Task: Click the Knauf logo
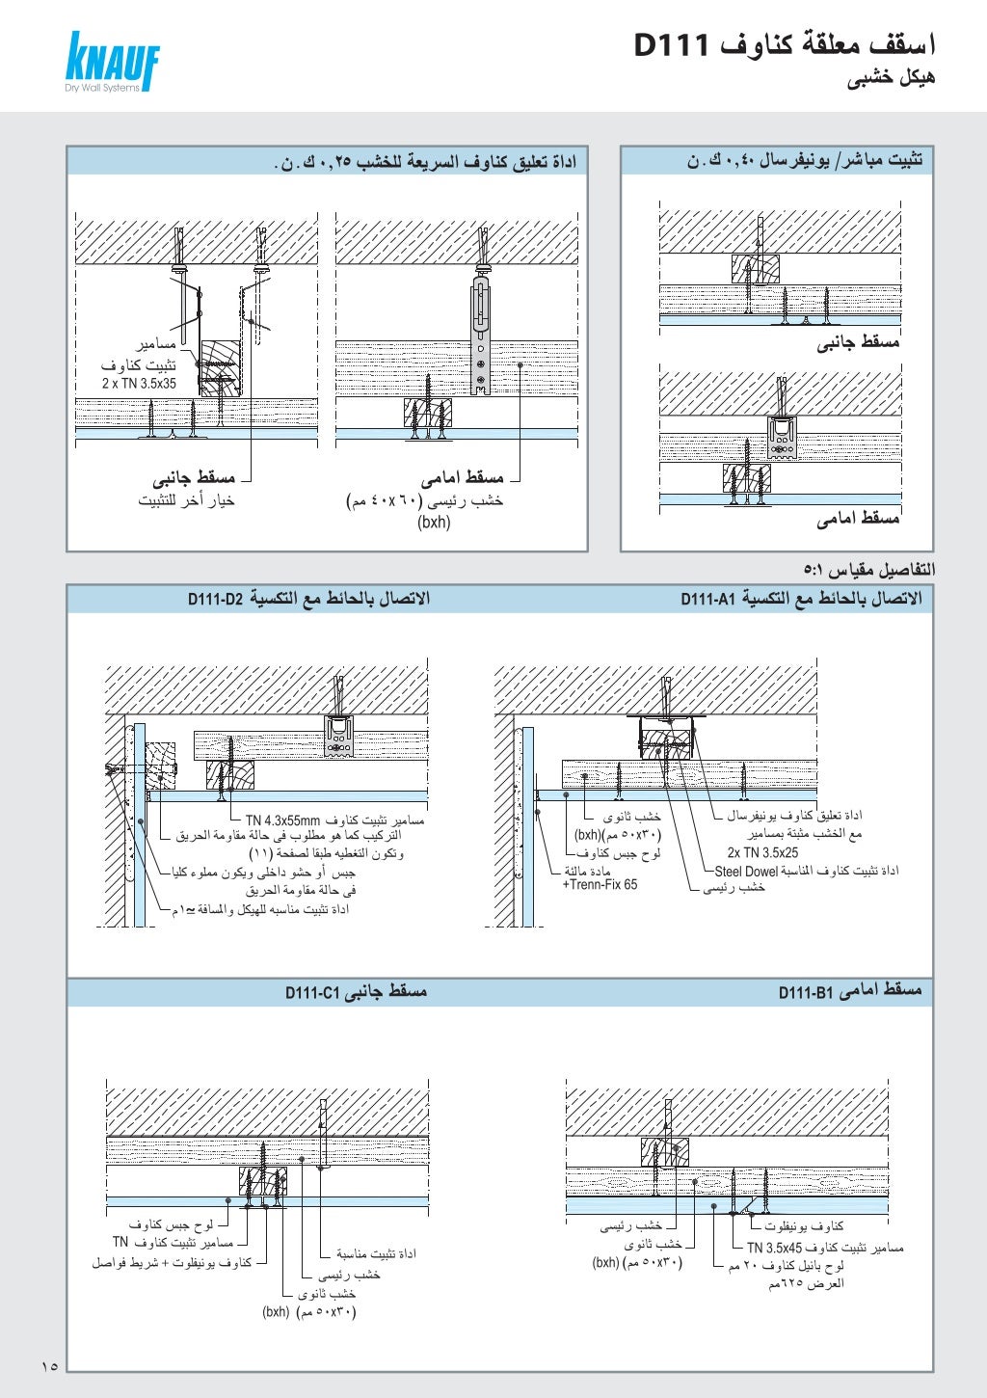pyautogui.click(x=112, y=63)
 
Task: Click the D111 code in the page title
pyautogui.click(x=672, y=45)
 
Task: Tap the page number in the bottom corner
pyautogui.click(x=50, y=1365)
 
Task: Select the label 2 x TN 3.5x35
pyautogui.click(x=139, y=384)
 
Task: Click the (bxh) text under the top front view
pyautogui.click(x=434, y=523)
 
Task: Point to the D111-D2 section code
pyautogui.click(x=216, y=600)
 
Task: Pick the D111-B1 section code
pyautogui.click(x=805, y=992)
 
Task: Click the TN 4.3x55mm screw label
pyautogui.click(x=282, y=820)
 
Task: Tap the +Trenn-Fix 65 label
pyautogui.click(x=600, y=885)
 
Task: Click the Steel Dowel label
pyautogui.click(x=746, y=872)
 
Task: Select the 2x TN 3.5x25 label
pyautogui.click(x=762, y=852)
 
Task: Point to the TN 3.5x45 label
pyautogui.click(x=781, y=1248)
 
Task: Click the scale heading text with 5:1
pyautogui.click(x=868, y=569)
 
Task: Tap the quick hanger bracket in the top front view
pyautogui.click(x=480, y=337)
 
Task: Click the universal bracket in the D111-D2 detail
pyautogui.click(x=338, y=737)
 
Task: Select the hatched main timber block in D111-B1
pyautogui.click(x=665, y=1151)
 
